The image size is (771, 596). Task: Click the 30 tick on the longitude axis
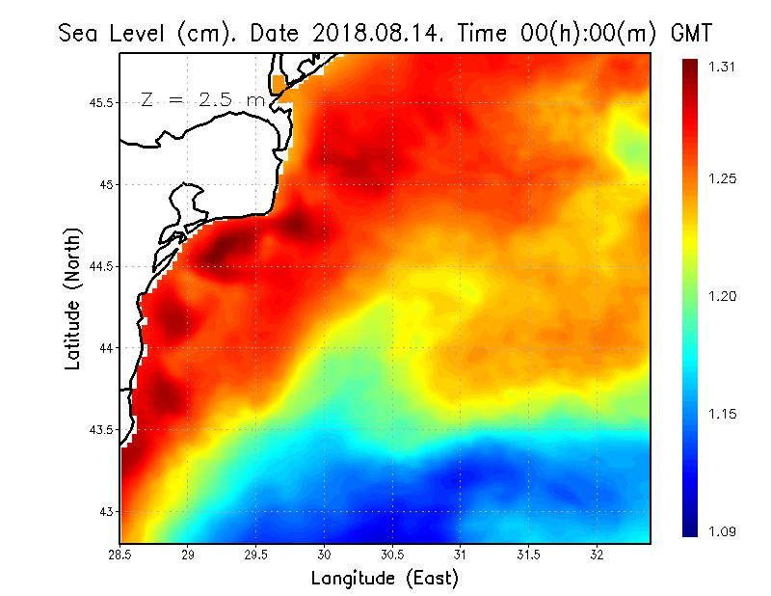click(325, 555)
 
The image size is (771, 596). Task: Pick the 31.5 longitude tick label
click(529, 555)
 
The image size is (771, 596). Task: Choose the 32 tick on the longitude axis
click(598, 555)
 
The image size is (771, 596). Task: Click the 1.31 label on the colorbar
click(723, 67)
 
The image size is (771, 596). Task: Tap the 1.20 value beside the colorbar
click(723, 296)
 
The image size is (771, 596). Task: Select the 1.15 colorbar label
click(723, 414)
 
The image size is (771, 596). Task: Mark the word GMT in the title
click(691, 34)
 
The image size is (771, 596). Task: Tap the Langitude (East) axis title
click(385, 579)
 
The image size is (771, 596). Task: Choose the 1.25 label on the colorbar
click(723, 178)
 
